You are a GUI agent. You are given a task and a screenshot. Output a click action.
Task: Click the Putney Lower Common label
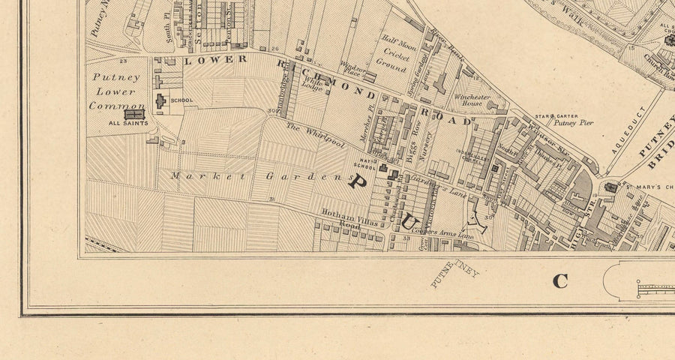point(112,91)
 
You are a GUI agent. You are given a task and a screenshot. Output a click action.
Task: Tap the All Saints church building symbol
point(134,114)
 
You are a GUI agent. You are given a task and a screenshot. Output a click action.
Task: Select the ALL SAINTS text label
point(128,123)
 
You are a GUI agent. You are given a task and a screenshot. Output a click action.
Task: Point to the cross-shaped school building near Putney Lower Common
point(160,100)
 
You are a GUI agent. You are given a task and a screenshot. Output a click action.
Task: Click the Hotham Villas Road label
point(342,218)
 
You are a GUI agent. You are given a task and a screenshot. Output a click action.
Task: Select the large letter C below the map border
point(560,281)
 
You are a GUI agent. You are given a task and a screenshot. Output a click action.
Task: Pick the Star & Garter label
point(554,115)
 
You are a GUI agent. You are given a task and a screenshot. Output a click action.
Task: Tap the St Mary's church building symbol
point(610,187)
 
